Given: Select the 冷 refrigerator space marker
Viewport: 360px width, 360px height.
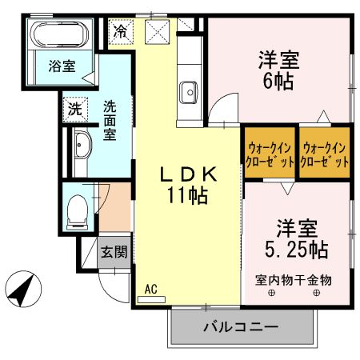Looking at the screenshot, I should pos(121,33).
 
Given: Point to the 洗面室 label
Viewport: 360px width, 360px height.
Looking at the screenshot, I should pos(110,118).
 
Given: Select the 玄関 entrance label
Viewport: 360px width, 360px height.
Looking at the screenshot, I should pos(113,252).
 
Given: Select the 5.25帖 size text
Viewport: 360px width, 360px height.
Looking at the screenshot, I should pos(295,248).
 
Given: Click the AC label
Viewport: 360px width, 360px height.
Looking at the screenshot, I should pos(150,289).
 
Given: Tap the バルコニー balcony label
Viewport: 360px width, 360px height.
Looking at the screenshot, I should pos(239,326).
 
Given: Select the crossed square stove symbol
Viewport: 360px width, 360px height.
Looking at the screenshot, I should pos(157,33).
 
